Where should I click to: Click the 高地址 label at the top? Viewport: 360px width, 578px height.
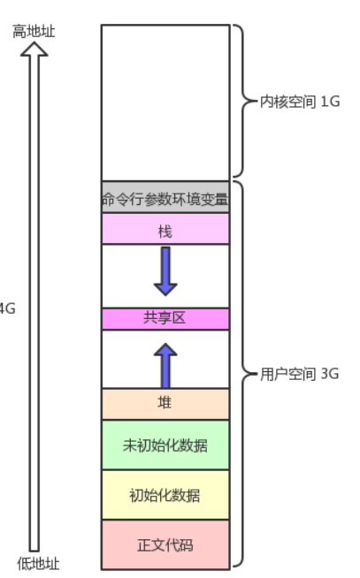click(34, 31)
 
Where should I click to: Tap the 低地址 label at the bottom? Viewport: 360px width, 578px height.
click(38, 564)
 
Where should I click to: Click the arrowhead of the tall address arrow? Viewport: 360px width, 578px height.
click(34, 49)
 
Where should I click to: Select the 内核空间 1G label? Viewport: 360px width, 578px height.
click(300, 102)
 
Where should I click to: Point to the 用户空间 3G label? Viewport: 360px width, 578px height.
click(299, 374)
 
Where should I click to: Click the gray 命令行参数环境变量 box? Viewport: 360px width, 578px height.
click(165, 197)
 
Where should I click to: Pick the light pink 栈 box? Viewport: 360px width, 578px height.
click(165, 229)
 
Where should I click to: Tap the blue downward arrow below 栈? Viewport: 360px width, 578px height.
click(165, 271)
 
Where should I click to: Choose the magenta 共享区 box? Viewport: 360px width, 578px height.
click(165, 318)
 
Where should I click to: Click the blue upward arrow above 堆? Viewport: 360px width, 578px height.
click(165, 366)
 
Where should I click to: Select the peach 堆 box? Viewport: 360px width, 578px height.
click(165, 404)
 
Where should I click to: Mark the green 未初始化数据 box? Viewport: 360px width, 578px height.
click(165, 445)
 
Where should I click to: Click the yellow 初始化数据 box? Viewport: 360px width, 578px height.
click(165, 495)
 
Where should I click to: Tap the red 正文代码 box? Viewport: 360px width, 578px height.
click(165, 544)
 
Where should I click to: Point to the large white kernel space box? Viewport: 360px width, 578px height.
click(165, 103)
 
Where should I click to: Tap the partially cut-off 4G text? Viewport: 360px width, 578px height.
click(7, 308)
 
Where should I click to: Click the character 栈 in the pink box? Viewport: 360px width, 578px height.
click(165, 232)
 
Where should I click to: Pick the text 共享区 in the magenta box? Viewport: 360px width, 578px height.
click(165, 317)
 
